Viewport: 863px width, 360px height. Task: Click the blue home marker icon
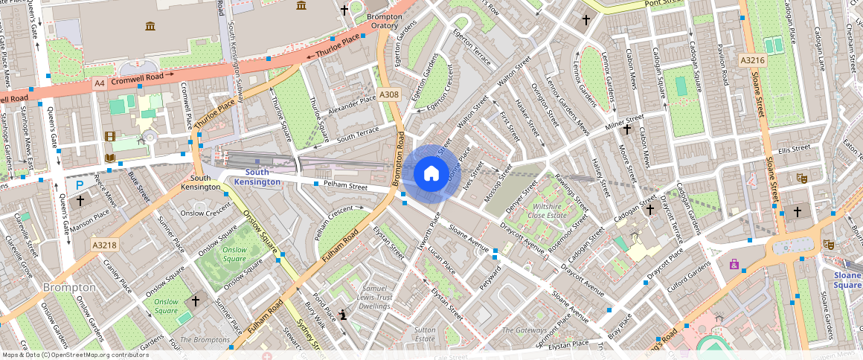coord(431,174)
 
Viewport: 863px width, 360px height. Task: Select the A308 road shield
coord(389,95)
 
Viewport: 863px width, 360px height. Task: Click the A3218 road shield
coord(105,244)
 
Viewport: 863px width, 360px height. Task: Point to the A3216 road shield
coord(752,59)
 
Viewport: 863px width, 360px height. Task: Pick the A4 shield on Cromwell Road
coord(100,84)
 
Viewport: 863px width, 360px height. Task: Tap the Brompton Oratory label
coord(384,21)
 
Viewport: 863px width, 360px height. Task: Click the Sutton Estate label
coord(425,333)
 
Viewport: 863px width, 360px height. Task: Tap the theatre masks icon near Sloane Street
coord(801,178)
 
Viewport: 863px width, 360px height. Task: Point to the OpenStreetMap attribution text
coord(74,355)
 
